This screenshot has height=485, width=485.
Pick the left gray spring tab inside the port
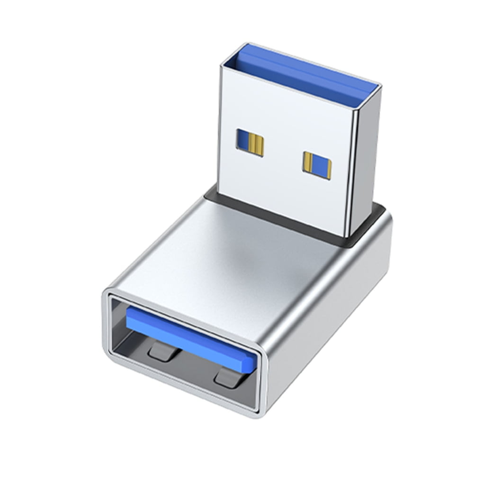click(163, 350)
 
